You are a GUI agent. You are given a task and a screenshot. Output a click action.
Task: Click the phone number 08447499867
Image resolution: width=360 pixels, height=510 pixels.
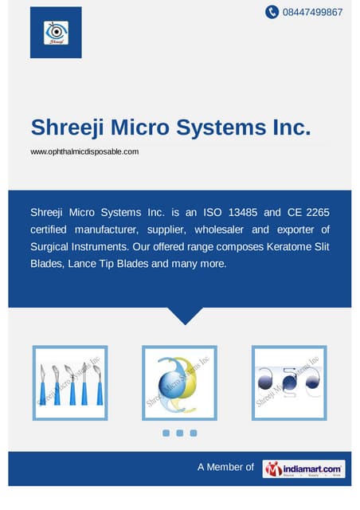[314, 12]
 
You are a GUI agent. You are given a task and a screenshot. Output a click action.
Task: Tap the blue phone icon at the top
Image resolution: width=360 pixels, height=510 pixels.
[272, 12]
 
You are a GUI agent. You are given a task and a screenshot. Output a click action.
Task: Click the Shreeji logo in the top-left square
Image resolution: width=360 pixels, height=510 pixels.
[56, 32]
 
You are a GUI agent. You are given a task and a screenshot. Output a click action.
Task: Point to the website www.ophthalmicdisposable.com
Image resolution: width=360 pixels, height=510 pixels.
[84, 151]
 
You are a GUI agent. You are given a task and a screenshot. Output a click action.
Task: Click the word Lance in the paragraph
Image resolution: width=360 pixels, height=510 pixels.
[96, 263]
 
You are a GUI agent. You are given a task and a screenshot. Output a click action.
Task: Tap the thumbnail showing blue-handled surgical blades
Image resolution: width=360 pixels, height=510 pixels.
[70, 382]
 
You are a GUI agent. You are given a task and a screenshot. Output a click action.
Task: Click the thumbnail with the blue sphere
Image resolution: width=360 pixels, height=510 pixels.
[179, 382]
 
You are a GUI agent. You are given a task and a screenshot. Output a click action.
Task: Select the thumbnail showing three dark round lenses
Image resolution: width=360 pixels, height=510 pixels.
[289, 382]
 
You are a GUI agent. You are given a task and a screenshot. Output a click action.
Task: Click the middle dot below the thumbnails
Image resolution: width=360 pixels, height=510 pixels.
[179, 433]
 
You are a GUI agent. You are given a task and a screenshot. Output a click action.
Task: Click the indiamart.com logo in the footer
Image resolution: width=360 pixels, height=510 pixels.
[303, 469]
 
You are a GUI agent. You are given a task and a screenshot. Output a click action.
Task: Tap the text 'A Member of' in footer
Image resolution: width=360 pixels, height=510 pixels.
[225, 467]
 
